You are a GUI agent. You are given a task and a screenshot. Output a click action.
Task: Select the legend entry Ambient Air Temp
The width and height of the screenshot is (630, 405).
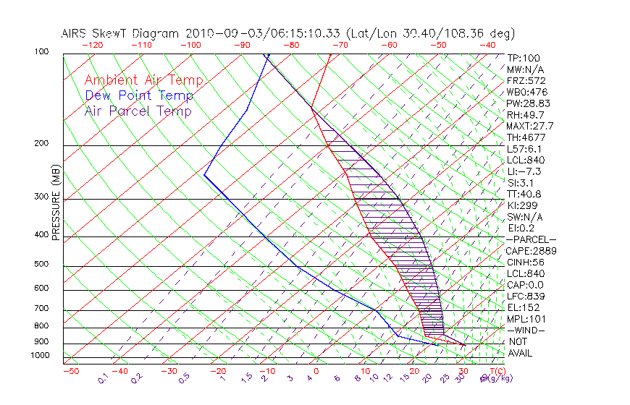[x=143, y=81]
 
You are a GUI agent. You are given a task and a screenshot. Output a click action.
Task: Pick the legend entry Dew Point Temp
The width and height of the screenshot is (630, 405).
[x=139, y=96]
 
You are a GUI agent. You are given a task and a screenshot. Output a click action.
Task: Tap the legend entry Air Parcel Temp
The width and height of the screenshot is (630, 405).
[x=138, y=111]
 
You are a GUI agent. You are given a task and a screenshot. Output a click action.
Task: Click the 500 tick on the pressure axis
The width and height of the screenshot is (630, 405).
[x=43, y=265]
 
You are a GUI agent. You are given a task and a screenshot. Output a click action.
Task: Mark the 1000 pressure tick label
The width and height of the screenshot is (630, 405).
[x=41, y=356]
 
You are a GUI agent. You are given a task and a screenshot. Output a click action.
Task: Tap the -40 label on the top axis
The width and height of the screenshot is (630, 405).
[x=488, y=45]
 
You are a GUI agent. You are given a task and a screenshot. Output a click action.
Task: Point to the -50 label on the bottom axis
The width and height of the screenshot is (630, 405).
[x=70, y=371]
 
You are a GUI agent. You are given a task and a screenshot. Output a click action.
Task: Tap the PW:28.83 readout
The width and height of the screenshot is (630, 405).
[x=528, y=103]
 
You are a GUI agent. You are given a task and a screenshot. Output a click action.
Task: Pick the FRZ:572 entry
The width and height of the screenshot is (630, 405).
[x=526, y=80]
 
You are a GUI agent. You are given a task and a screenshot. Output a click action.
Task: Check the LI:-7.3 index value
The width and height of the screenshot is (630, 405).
[x=524, y=171]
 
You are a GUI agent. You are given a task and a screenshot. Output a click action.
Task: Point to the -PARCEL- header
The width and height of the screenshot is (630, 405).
[x=532, y=239]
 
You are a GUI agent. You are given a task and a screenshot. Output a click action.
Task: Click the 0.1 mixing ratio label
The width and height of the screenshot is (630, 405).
[x=103, y=378]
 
